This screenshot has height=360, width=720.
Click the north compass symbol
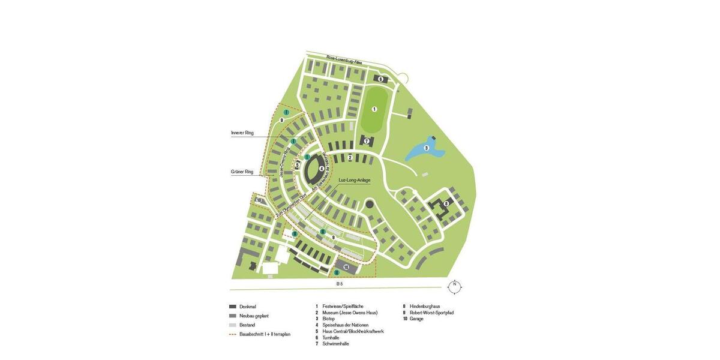(x=455, y=287)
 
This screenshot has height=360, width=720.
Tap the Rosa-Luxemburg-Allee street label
(x=344, y=60)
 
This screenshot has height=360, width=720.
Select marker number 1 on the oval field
(x=374, y=109)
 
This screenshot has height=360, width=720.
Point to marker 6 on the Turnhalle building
(x=380, y=79)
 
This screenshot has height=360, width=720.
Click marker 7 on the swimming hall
(x=367, y=142)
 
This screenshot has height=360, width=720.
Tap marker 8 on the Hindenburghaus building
(x=446, y=204)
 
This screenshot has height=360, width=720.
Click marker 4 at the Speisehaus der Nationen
(x=322, y=169)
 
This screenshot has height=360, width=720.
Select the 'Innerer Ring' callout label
(x=242, y=133)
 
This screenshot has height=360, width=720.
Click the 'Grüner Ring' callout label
(x=242, y=172)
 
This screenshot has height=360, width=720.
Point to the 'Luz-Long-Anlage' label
(x=355, y=180)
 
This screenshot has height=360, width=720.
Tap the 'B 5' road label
(x=340, y=283)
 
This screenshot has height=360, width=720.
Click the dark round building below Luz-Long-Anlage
(x=370, y=205)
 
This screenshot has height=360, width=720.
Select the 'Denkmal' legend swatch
(x=233, y=307)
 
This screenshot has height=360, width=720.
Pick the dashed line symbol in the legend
(x=233, y=334)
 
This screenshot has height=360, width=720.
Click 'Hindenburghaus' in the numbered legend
(x=425, y=307)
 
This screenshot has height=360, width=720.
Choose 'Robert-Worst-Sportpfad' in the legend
(x=431, y=313)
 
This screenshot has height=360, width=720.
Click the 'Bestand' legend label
(x=247, y=325)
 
